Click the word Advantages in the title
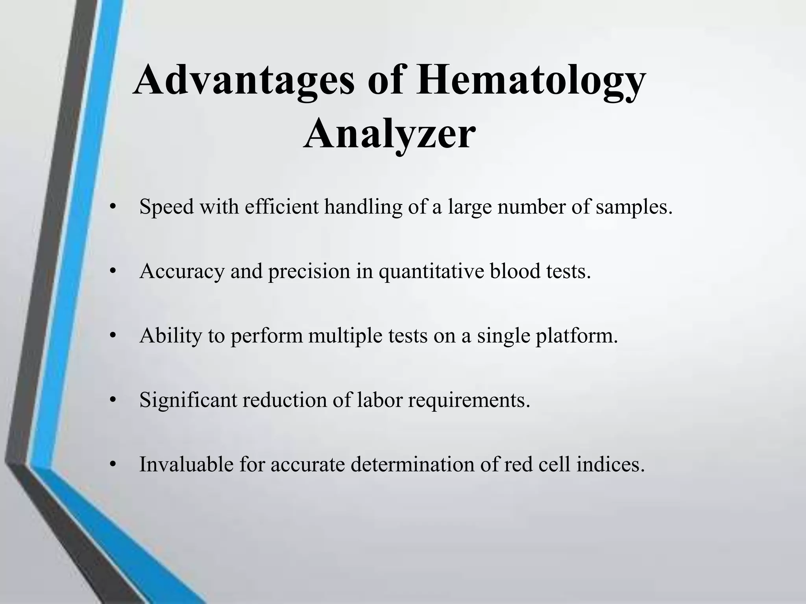tap(244, 81)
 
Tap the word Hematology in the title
tap(531, 81)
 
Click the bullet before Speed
tap(113, 208)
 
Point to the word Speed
tap(166, 207)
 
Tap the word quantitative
tap(431, 272)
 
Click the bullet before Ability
tap(113, 336)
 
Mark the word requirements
tap(469, 401)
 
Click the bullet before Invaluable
tap(113, 465)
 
